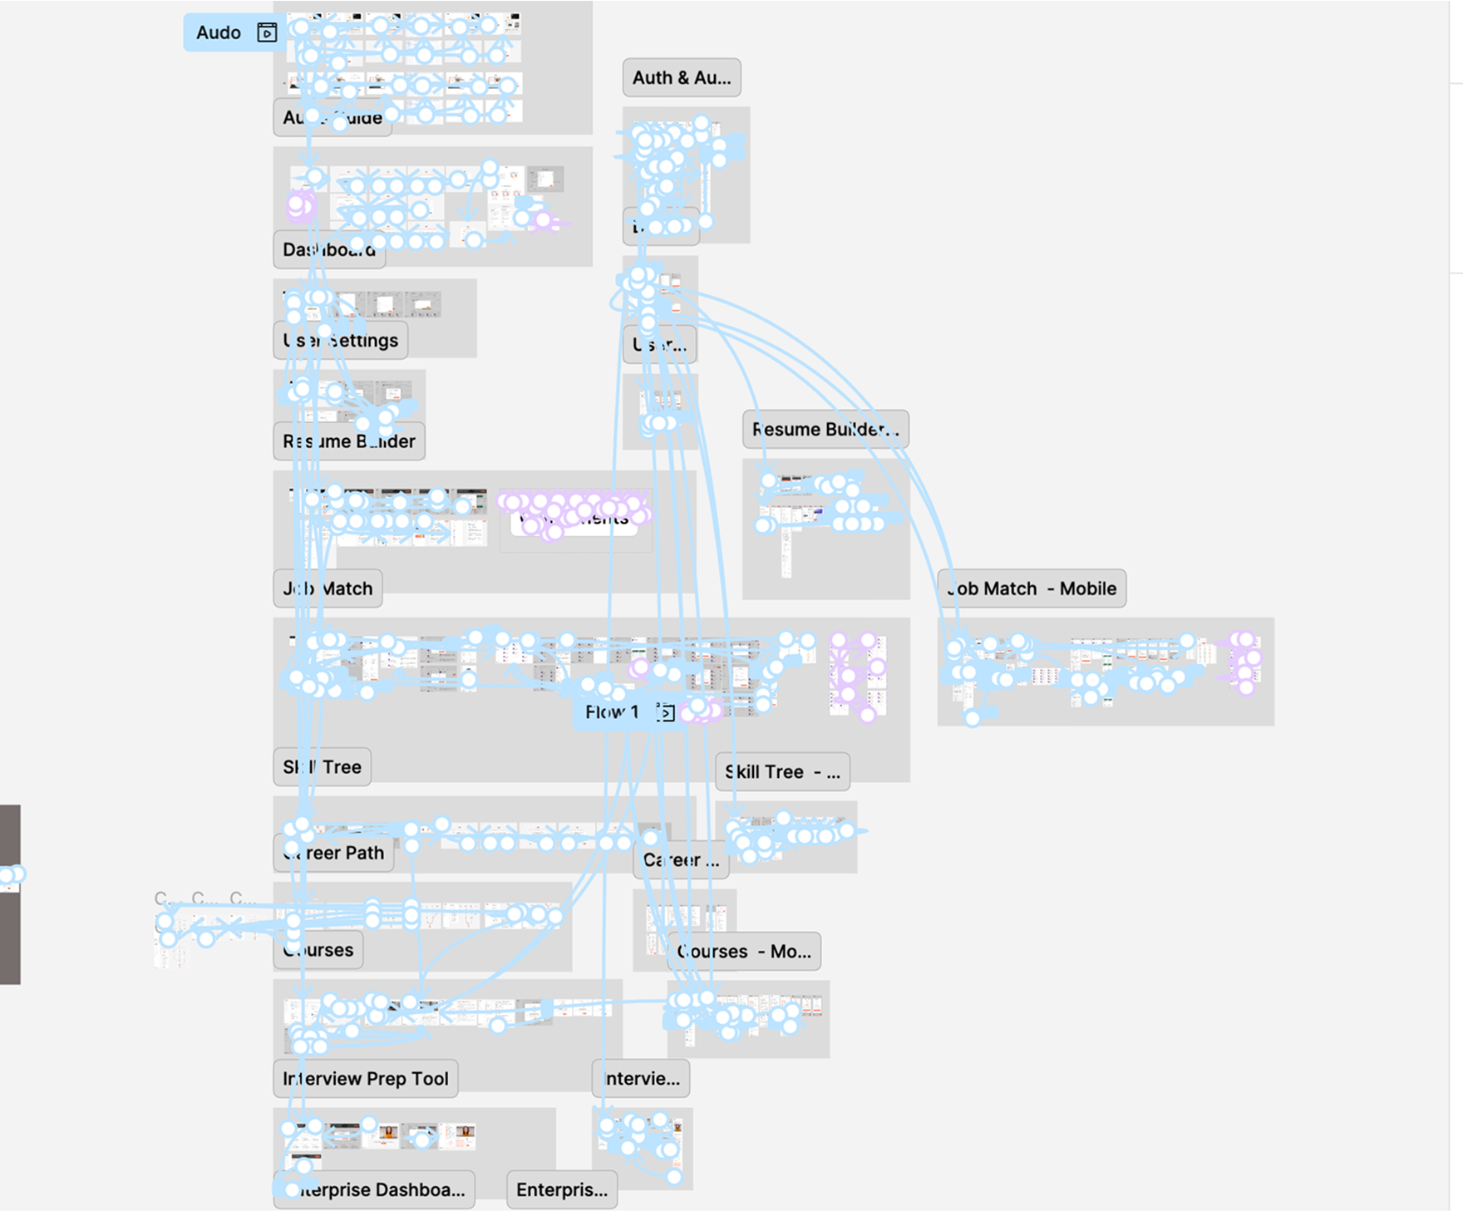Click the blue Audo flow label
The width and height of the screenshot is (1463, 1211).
click(219, 32)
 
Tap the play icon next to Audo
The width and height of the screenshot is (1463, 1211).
click(267, 32)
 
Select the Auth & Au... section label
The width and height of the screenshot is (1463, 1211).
click(682, 78)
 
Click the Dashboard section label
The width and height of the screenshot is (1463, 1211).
click(329, 250)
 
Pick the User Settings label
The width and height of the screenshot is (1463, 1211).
click(341, 341)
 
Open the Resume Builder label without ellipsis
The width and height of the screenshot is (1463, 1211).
click(349, 441)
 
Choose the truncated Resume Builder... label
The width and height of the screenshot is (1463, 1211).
click(825, 430)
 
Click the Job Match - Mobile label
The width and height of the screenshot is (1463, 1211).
click(1032, 588)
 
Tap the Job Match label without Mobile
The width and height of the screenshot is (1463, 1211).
click(328, 588)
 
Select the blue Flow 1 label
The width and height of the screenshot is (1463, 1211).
click(612, 712)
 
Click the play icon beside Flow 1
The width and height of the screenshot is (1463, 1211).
click(665, 712)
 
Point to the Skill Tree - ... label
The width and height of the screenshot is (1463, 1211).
click(782, 772)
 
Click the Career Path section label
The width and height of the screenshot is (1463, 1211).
click(333, 853)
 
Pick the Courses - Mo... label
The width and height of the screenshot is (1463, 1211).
click(744, 952)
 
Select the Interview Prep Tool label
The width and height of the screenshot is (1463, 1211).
click(366, 1079)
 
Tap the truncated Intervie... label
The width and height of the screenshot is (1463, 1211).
click(641, 1079)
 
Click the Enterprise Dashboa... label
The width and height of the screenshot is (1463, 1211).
click(375, 1190)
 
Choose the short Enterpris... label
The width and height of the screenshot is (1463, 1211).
click(562, 1190)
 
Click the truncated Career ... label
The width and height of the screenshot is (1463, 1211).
click(682, 860)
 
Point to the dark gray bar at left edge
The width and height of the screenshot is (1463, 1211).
click(10, 931)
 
